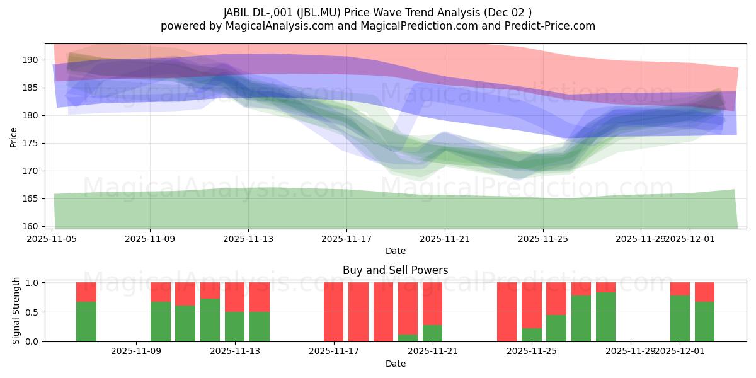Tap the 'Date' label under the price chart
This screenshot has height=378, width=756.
pos(396,251)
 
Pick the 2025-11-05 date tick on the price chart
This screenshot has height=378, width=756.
pos(52,239)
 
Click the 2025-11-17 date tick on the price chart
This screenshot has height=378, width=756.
pos(346,239)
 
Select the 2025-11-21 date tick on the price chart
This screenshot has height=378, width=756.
pos(445,239)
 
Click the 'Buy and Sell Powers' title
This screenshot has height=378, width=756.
pos(396,270)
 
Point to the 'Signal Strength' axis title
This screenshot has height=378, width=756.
pos(17,311)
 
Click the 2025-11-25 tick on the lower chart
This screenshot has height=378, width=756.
pos(532,352)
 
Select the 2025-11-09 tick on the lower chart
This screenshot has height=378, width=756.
pos(136,352)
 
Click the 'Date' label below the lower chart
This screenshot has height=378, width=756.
pos(396,364)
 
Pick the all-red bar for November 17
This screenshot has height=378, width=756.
pos(334,312)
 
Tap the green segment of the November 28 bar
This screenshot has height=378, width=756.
pos(605,317)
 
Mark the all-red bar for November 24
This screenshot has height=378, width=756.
pos(507,312)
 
